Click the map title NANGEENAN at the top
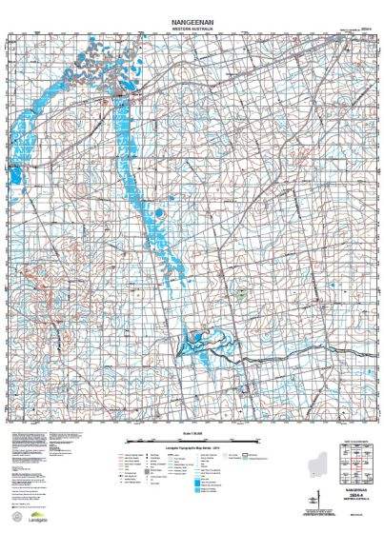coord(192,20)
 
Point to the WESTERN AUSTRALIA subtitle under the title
coord(192,29)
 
